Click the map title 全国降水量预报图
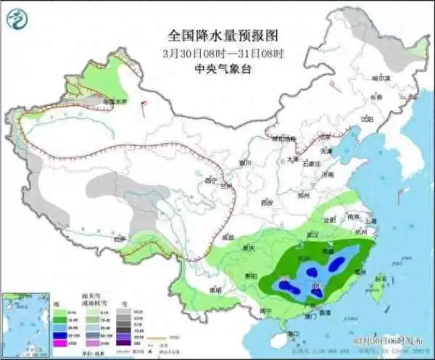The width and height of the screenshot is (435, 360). point(223,34)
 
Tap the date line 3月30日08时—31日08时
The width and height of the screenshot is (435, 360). point(223,52)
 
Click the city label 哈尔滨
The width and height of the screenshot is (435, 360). point(381,77)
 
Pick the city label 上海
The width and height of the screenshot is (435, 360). point(371,220)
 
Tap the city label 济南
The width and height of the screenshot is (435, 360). point(328,175)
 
